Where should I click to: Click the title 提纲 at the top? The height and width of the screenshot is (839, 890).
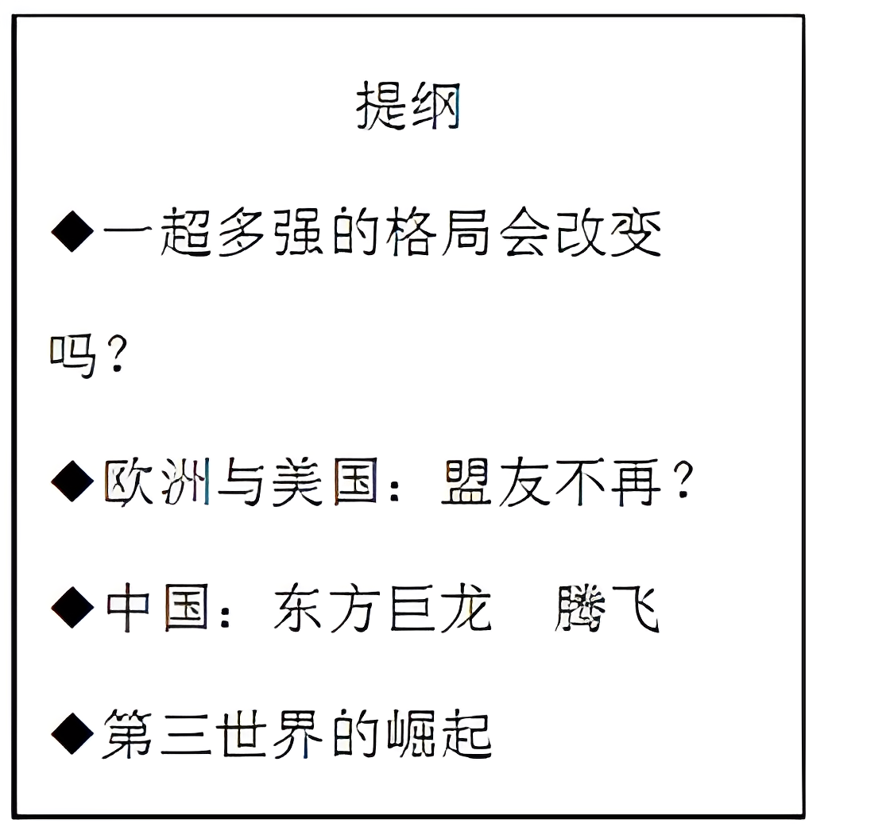(408, 106)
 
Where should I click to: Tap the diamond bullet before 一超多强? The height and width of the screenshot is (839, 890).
(72, 233)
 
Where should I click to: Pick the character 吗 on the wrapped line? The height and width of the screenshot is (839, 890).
(72, 357)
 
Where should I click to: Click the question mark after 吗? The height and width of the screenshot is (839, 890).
(116, 357)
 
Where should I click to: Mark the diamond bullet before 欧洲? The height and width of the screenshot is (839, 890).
(72, 483)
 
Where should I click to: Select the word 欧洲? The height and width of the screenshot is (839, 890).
(157, 483)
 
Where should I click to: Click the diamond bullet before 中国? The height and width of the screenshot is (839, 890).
(72, 609)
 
